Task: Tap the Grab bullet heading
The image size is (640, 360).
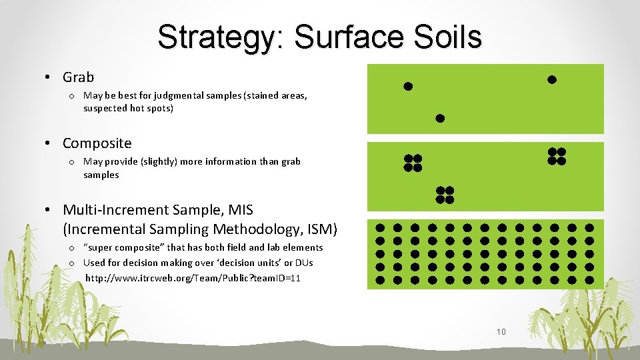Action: click(78, 77)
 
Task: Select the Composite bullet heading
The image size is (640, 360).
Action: click(97, 143)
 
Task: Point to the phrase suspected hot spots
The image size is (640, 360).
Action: click(128, 108)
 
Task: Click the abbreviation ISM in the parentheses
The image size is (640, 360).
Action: click(320, 230)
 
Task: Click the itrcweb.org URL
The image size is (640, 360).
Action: click(193, 278)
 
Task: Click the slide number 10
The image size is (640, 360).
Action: click(501, 331)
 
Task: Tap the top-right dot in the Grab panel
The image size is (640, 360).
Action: click(551, 80)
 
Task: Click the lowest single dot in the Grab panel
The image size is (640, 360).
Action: click(440, 119)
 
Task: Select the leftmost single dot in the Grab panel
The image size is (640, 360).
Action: click(408, 86)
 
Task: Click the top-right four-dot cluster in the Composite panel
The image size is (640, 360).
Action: click(557, 156)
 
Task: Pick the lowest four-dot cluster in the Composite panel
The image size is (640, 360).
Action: click(445, 195)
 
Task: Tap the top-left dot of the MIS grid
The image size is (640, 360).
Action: click(380, 227)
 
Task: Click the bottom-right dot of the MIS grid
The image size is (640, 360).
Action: click(589, 280)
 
